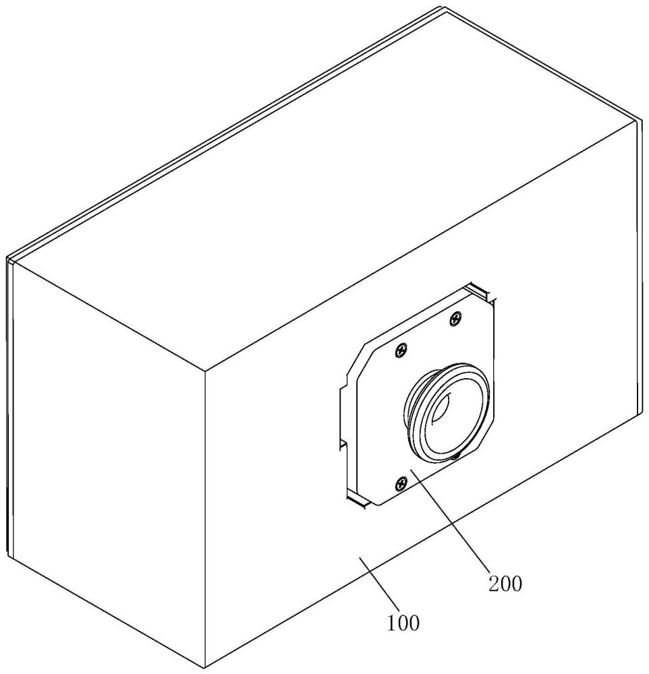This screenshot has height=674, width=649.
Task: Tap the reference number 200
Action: click(505, 584)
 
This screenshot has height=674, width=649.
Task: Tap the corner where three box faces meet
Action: click(205, 370)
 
